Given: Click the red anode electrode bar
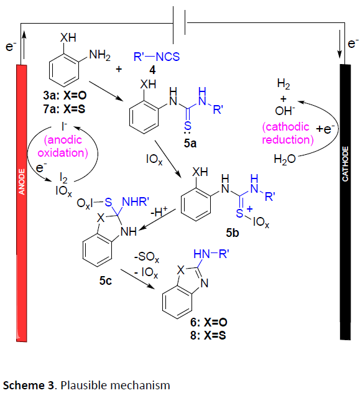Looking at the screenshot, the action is (22, 203).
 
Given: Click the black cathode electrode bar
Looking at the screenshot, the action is (345, 201).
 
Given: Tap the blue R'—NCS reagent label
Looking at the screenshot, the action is (157, 57).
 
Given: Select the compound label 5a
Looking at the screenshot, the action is (190, 144).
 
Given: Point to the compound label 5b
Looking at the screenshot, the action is (233, 233).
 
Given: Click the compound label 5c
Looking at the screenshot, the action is (106, 280).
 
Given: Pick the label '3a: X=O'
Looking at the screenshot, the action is (65, 95).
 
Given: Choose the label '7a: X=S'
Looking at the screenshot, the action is (64, 109).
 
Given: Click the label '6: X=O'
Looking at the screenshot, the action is (209, 322).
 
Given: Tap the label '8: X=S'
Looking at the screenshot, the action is (208, 335).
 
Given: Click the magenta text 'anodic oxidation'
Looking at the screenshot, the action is (63, 147).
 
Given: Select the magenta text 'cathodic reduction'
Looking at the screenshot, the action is (288, 133).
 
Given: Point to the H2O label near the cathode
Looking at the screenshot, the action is (285, 159).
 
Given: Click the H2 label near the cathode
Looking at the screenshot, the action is (284, 83).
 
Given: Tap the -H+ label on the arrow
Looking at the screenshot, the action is (159, 211).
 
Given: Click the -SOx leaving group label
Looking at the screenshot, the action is (147, 257).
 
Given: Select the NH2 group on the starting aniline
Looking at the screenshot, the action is (99, 55).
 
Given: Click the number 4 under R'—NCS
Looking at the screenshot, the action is (152, 70).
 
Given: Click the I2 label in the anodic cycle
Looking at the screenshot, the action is (63, 178).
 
